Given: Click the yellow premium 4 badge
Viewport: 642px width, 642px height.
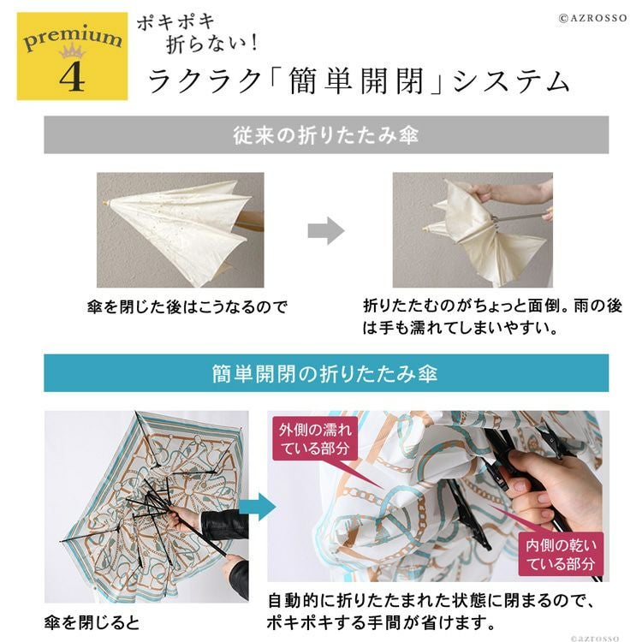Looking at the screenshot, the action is (72, 56).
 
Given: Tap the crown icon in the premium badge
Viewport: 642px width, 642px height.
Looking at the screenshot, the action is (72, 51).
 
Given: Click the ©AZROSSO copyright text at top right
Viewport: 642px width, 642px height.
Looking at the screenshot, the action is (592, 18).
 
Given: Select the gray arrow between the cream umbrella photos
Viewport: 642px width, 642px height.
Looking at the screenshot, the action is (326, 231).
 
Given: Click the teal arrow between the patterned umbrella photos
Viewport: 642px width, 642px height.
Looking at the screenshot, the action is (257, 507).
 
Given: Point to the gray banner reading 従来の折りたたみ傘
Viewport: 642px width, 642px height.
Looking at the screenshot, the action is (326, 134).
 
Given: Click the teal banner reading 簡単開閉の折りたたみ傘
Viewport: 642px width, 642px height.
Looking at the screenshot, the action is (326, 373).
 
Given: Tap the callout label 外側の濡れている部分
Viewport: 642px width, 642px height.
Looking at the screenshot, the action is (315, 438).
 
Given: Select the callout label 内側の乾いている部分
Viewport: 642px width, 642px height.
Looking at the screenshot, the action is (561, 555).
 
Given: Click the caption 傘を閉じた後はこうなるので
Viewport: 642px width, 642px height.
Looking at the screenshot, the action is (187, 306).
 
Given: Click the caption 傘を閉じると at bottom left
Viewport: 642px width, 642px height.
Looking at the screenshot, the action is (92, 623).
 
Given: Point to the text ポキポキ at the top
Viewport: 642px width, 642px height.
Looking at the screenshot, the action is (176, 22).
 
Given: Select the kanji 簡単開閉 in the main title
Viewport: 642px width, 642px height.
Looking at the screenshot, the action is (356, 81).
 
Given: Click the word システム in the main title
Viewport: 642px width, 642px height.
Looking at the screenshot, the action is (511, 81).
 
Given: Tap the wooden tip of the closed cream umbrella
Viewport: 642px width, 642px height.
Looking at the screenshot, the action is (105, 203).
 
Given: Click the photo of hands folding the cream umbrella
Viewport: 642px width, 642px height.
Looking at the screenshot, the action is (473, 229).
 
